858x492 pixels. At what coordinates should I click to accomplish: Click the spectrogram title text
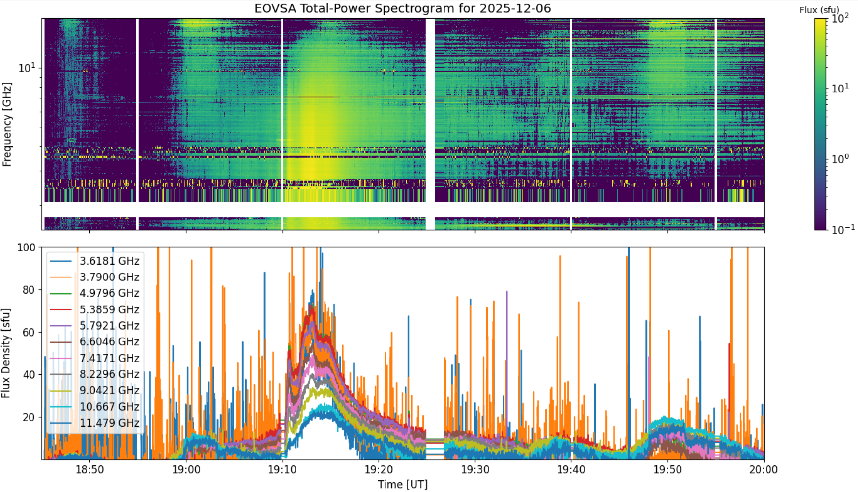point(402,8)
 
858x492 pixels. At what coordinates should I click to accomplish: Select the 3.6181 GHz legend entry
point(95,261)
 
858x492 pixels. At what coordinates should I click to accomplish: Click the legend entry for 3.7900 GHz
point(95,277)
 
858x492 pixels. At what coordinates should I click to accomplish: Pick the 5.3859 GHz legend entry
point(95,309)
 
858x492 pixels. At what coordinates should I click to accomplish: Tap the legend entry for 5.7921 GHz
point(95,326)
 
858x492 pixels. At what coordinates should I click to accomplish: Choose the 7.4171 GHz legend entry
point(95,358)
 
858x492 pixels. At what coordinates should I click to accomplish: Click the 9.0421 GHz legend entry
point(95,390)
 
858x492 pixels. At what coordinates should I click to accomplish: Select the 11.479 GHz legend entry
point(95,423)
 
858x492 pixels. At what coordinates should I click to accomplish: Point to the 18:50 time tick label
point(89,469)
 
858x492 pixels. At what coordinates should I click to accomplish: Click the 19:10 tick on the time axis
point(282,469)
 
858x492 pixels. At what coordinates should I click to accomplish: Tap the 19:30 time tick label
point(475,469)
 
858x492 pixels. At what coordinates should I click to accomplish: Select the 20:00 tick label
point(764,469)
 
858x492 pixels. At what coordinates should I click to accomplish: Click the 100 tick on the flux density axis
point(27,247)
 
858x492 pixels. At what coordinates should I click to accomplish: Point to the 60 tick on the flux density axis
point(30,332)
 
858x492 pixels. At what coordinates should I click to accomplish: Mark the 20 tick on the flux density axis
point(30,417)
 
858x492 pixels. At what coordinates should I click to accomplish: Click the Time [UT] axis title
point(403,484)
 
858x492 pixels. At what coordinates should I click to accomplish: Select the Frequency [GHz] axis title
point(7,124)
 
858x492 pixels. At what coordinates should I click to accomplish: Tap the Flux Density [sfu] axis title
point(6,353)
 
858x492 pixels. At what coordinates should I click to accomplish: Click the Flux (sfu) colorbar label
point(820,10)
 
